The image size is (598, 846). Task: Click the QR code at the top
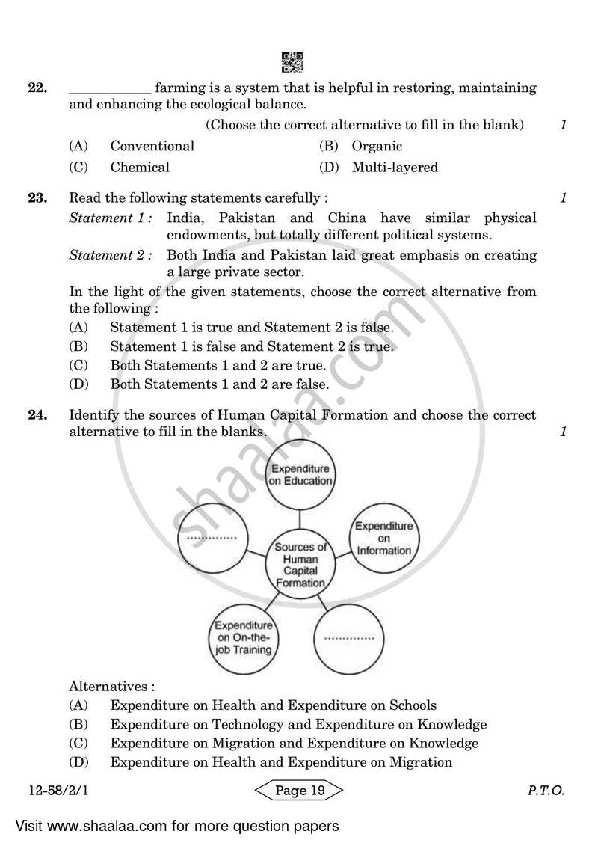coord(292,62)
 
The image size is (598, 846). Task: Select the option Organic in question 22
coord(376,147)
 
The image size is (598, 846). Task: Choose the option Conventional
coord(152,147)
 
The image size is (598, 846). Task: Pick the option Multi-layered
coord(394,168)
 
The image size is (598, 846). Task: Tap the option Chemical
coord(140,168)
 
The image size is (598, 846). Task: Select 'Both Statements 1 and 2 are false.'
coord(219,384)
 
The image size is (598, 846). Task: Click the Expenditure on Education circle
coord(300,474)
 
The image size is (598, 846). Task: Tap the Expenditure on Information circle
coord(383,539)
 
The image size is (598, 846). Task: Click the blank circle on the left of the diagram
coord(212,537)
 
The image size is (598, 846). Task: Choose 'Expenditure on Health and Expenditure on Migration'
coord(280,763)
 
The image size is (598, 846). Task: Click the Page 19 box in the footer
coord(299,791)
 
